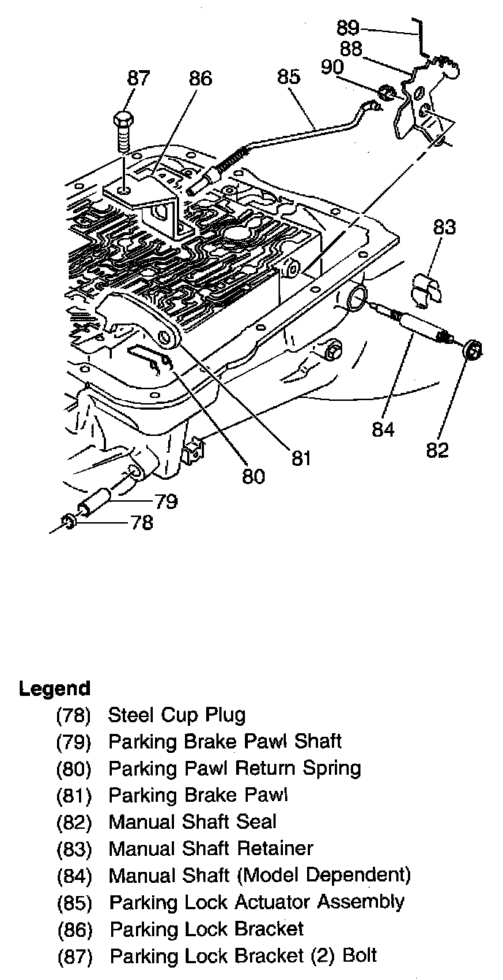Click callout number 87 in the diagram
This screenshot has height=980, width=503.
(x=137, y=78)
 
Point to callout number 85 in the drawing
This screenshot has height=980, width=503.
(x=289, y=76)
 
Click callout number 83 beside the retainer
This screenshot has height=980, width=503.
(x=444, y=227)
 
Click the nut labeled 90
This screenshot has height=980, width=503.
(x=386, y=93)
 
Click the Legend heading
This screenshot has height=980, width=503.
(x=55, y=688)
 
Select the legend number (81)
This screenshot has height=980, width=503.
(x=74, y=795)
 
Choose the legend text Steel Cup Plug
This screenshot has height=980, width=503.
(x=177, y=715)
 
